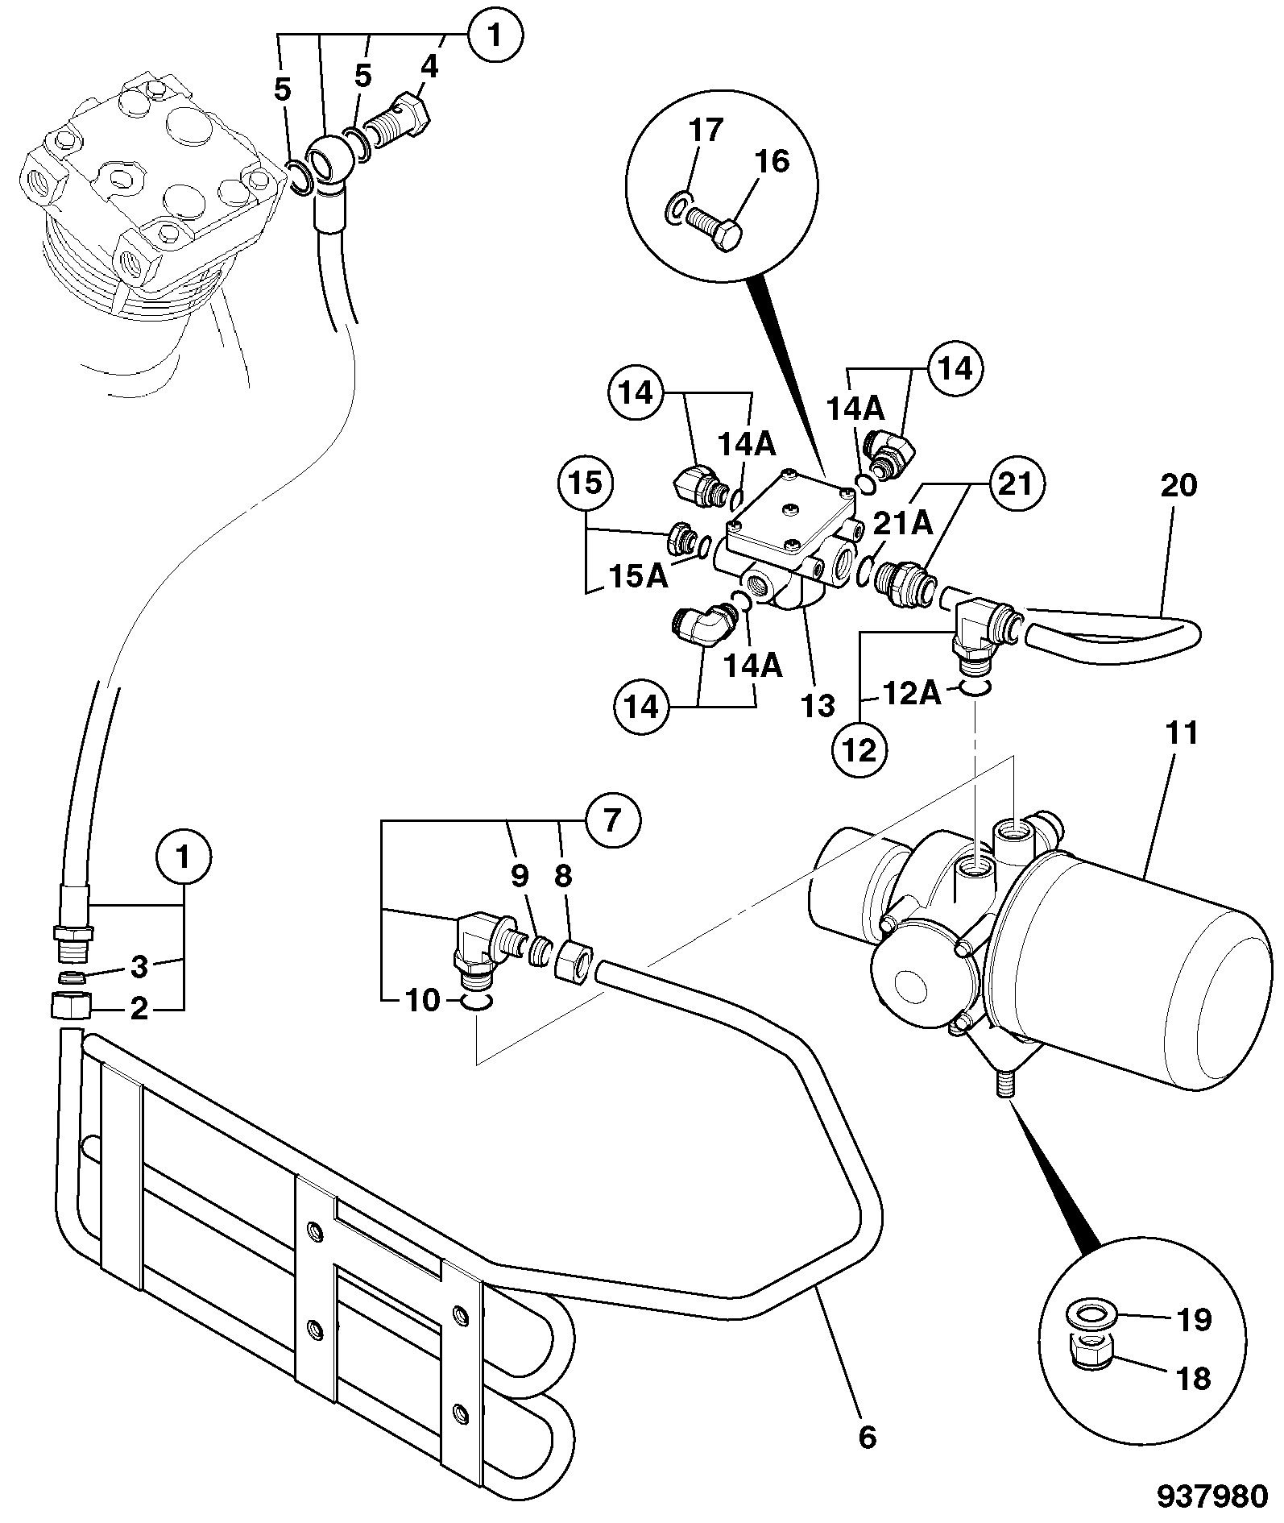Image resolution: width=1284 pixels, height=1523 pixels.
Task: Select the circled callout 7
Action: click(x=613, y=820)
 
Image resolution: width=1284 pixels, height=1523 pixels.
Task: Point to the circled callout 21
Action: click(x=1017, y=485)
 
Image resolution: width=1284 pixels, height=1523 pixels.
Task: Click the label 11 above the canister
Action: click(x=1181, y=733)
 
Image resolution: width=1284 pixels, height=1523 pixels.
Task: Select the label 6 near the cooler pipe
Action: click(x=867, y=1414)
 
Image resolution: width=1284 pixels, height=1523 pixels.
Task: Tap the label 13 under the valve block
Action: click(x=818, y=706)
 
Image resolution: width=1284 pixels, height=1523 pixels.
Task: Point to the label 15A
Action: click(x=637, y=576)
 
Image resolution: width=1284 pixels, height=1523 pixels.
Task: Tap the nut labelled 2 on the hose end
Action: click(x=71, y=1005)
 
